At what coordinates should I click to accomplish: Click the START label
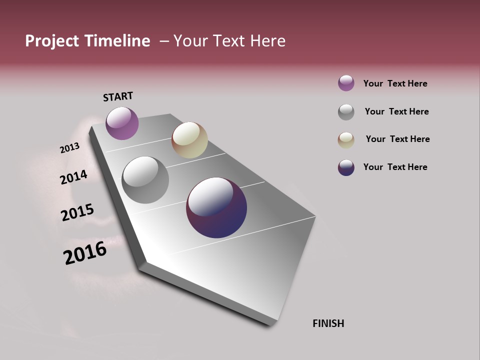pyautogui.click(x=118, y=96)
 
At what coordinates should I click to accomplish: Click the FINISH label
pyautogui.click(x=328, y=323)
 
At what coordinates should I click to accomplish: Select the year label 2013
pyautogui.click(x=69, y=148)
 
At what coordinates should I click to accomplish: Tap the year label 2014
pyautogui.click(x=73, y=177)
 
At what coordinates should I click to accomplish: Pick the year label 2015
pyautogui.click(x=77, y=212)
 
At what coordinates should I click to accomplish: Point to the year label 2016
pyautogui.click(x=85, y=253)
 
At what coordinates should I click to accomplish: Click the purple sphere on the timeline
pyautogui.click(x=122, y=123)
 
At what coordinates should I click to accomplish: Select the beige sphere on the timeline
pyautogui.click(x=189, y=140)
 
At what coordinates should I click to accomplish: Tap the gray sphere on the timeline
pyautogui.click(x=145, y=180)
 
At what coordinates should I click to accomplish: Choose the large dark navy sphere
pyautogui.click(x=216, y=207)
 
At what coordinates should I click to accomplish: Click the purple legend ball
pyautogui.click(x=346, y=83)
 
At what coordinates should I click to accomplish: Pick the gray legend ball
pyautogui.click(x=346, y=112)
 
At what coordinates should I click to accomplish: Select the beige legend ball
pyautogui.click(x=346, y=140)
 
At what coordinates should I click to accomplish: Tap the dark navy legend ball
pyautogui.click(x=346, y=167)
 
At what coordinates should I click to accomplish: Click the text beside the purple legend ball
pyautogui.click(x=395, y=83)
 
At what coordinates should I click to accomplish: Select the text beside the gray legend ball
pyautogui.click(x=396, y=111)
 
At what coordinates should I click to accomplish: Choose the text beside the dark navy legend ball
pyautogui.click(x=395, y=167)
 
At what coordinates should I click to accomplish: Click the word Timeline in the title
pyautogui.click(x=117, y=41)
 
